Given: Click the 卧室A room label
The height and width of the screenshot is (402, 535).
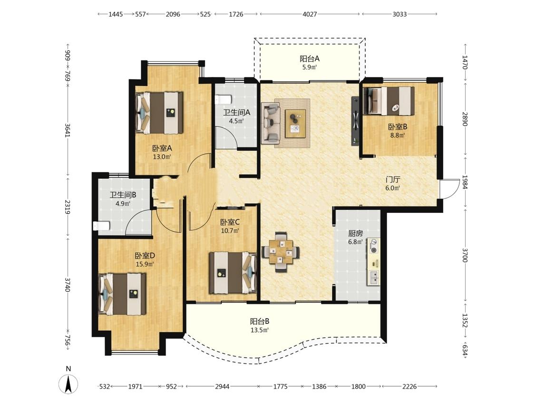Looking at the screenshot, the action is (x=162, y=148).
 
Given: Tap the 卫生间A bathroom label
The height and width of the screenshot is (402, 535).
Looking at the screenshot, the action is (x=237, y=112).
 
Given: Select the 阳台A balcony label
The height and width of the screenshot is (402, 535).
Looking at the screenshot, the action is (x=310, y=59).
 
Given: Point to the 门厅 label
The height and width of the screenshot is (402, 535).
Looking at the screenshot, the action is (x=393, y=180).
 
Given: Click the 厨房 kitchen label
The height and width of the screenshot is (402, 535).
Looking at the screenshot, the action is (x=355, y=233).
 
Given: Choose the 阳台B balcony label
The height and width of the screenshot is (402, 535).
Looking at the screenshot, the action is (x=260, y=322).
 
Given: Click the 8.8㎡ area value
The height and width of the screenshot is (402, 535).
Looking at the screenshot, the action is (x=398, y=135).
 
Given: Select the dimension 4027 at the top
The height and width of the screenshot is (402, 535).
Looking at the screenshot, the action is (x=310, y=14).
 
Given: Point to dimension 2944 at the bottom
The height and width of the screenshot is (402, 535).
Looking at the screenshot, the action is (x=222, y=386).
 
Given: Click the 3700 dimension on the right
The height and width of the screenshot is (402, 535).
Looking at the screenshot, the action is (x=465, y=255).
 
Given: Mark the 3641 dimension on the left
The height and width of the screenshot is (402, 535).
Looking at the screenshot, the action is (x=68, y=130).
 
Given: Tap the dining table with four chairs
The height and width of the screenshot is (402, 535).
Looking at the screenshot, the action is (x=281, y=252).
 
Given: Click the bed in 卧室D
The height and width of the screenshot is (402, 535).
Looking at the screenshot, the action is (x=122, y=294).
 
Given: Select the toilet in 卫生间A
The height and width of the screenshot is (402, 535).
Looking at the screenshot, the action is (x=224, y=99).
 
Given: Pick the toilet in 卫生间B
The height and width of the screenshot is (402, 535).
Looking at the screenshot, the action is (x=102, y=226).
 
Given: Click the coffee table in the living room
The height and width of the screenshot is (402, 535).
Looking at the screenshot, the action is (x=295, y=123).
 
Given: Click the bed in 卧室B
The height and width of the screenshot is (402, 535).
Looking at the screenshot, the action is (x=389, y=100).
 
